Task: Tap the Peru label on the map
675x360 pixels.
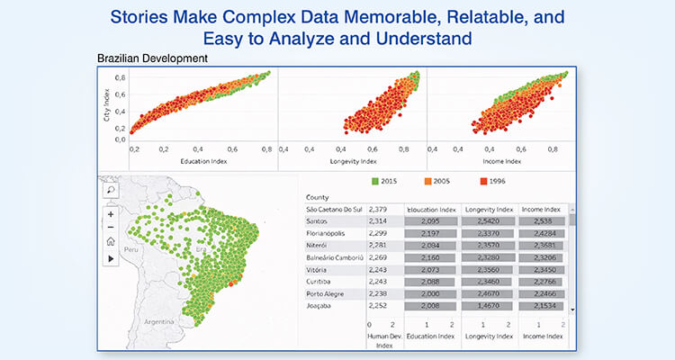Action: point(134,249)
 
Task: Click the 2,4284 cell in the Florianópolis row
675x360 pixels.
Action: point(543,232)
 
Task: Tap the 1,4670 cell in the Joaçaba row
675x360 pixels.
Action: point(485,305)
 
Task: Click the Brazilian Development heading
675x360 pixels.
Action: point(152,58)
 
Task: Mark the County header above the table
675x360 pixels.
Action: point(318,197)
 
